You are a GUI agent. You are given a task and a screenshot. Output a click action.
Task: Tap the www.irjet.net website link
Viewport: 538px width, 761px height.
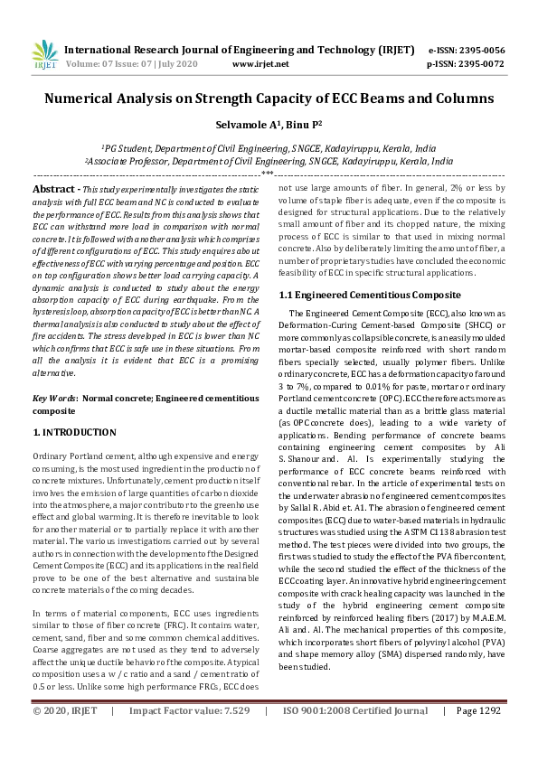tap(260, 64)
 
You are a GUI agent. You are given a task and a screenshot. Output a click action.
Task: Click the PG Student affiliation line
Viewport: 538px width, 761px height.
tap(269, 147)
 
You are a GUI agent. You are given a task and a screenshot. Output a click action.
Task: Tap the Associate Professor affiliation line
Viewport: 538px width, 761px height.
tap(269, 160)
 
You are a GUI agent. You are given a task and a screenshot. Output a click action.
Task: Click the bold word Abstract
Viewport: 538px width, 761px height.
tap(52, 188)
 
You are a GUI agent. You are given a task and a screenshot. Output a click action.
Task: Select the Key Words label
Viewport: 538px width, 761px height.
tap(55, 398)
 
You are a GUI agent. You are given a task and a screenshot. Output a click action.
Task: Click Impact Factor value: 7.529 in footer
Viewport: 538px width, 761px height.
tap(190, 737)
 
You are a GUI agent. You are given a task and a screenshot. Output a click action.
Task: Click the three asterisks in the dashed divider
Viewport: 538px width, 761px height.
tap(268, 172)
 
